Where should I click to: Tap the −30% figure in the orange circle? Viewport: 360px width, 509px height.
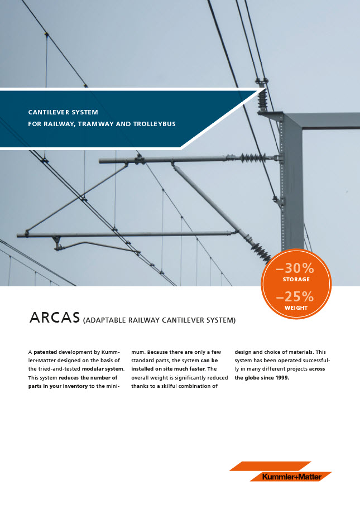[x=295, y=268]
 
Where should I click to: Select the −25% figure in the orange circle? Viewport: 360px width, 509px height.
[x=295, y=296]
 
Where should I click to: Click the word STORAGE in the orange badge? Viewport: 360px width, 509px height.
[x=296, y=279]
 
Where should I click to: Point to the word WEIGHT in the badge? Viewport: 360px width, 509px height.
[x=296, y=308]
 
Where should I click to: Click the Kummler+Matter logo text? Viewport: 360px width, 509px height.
[x=292, y=477]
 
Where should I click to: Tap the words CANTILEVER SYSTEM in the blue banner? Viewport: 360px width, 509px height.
[x=63, y=112]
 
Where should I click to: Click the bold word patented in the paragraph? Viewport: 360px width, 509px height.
[x=45, y=353]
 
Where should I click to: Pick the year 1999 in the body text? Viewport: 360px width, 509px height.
[x=281, y=377]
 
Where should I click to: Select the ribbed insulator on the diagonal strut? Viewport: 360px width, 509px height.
[x=259, y=251]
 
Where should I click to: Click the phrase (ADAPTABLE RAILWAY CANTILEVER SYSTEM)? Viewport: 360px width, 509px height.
[x=159, y=320]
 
